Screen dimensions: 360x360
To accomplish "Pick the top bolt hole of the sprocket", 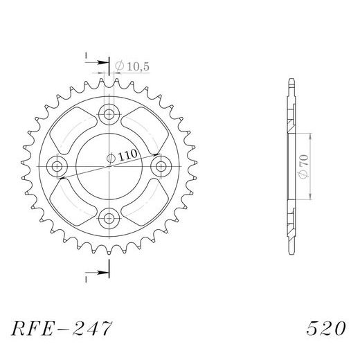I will point(109,114).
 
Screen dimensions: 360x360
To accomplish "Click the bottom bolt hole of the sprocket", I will point(109,219).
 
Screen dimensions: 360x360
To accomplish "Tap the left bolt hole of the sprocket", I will point(57,167).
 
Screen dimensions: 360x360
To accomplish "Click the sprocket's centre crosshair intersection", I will point(109,167).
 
